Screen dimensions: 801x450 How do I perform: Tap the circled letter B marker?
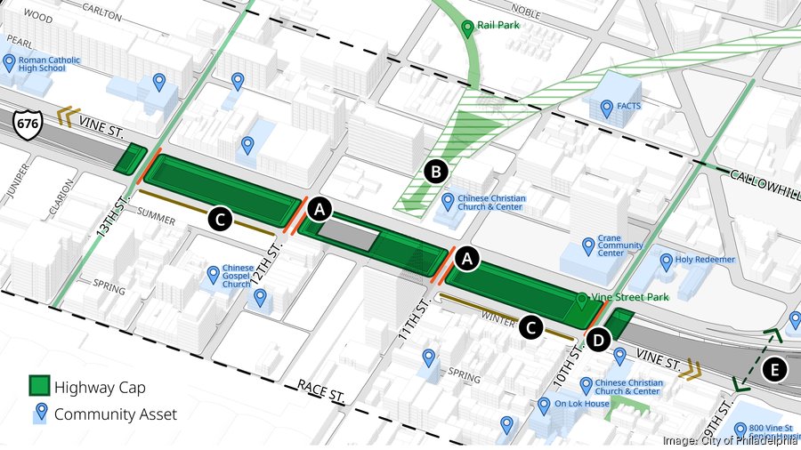[x=435, y=172]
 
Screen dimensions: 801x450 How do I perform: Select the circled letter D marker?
[x=598, y=339]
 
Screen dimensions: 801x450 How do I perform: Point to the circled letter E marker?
[x=775, y=369]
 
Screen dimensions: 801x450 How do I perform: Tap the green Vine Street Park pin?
[x=581, y=301]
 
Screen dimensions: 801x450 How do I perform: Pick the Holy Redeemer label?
[x=706, y=260]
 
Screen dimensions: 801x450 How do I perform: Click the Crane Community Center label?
[x=621, y=245]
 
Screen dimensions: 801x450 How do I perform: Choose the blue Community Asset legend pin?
[x=38, y=413]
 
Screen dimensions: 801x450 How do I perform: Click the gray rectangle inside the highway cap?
[x=348, y=234]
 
